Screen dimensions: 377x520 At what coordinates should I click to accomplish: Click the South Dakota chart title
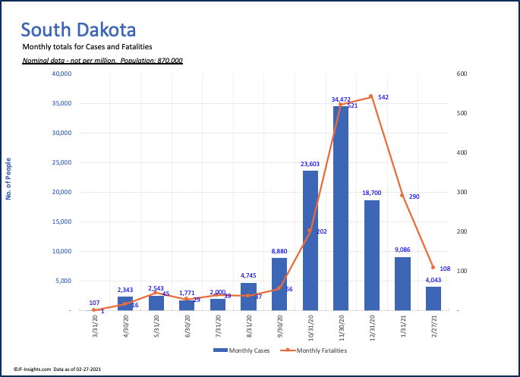(x=79, y=30)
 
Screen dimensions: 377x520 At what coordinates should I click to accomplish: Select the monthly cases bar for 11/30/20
(x=341, y=209)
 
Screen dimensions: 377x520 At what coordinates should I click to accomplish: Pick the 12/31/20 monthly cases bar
(x=372, y=255)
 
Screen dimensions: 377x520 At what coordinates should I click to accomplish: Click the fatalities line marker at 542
(x=371, y=96)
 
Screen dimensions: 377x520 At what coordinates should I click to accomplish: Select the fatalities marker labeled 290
(x=402, y=196)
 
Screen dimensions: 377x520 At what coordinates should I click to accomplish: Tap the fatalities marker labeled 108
(x=433, y=268)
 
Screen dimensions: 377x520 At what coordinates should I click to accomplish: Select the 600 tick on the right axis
(x=462, y=74)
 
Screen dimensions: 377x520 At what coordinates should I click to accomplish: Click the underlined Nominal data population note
(x=102, y=60)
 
